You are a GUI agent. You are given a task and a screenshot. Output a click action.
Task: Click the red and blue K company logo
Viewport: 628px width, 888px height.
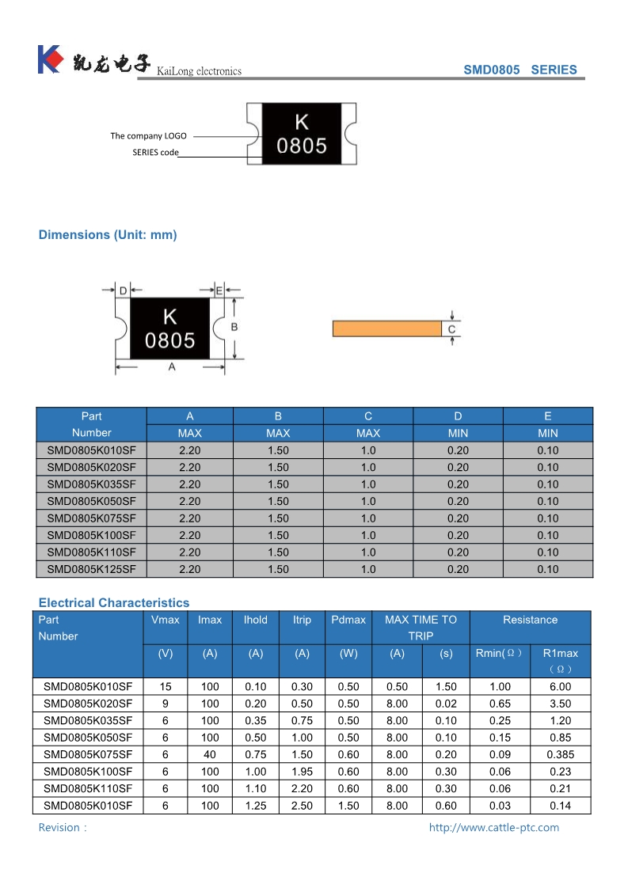click(49, 59)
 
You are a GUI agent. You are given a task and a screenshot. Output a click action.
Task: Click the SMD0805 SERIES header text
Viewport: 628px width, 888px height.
click(520, 70)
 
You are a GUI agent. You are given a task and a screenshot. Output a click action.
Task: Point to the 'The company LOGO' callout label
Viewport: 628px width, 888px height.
click(148, 135)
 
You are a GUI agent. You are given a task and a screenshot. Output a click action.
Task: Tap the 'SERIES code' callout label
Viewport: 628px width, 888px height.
click(155, 152)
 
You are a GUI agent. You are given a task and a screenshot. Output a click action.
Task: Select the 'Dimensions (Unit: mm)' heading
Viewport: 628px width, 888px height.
click(108, 235)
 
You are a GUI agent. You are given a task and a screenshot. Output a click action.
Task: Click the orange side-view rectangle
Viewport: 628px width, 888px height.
click(386, 328)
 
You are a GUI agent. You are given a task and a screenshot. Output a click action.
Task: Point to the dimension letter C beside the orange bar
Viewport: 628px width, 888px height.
click(451, 329)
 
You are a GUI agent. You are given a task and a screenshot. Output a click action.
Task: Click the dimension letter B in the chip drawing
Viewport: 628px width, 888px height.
click(234, 327)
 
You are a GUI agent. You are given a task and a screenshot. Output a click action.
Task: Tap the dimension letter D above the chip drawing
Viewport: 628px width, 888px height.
click(124, 290)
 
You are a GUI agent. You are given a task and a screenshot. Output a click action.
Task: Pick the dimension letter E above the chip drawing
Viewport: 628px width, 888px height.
click(219, 290)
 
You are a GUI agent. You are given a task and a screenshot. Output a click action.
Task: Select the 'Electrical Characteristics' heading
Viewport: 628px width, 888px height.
click(114, 603)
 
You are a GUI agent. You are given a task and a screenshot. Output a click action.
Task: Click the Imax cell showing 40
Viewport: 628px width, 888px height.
click(210, 755)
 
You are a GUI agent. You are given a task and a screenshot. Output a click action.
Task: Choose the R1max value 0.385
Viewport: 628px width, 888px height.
click(560, 755)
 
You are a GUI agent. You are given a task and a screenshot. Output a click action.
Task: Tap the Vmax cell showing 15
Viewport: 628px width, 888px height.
click(165, 687)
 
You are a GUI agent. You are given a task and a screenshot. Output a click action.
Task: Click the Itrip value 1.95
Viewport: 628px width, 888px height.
click(302, 772)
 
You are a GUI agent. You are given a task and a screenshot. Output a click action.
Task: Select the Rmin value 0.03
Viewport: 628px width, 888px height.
click(500, 806)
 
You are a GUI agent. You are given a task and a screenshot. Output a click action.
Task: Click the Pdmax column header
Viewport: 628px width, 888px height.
click(348, 620)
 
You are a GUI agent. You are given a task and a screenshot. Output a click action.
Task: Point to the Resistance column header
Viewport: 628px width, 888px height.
click(530, 620)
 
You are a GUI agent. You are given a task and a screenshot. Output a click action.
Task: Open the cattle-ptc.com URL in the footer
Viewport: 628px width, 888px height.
click(493, 828)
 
